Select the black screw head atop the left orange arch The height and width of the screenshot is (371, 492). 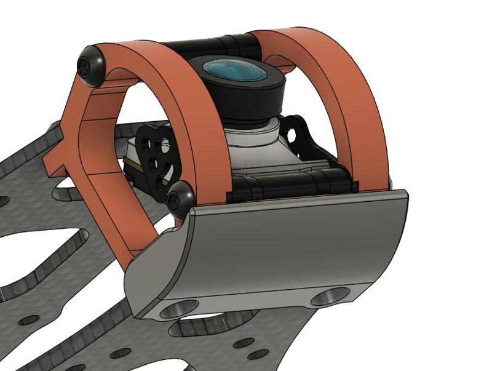tap(89, 63)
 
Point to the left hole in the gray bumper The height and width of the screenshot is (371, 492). tap(179, 308)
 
